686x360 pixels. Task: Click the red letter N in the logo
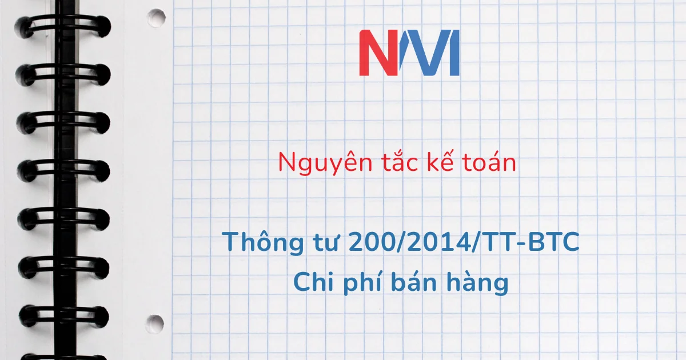[378, 53]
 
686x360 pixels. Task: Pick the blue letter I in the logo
[453, 53]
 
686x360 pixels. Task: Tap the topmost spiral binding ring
[63, 26]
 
